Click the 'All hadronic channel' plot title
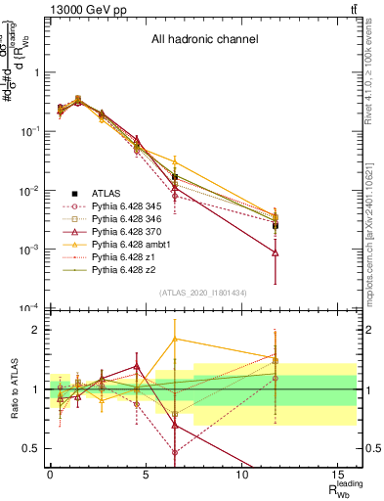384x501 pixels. click(x=204, y=40)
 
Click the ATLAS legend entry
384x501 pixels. click(x=107, y=194)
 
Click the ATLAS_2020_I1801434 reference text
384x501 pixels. click(x=203, y=294)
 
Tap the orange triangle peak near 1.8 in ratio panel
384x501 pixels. click(x=175, y=340)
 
